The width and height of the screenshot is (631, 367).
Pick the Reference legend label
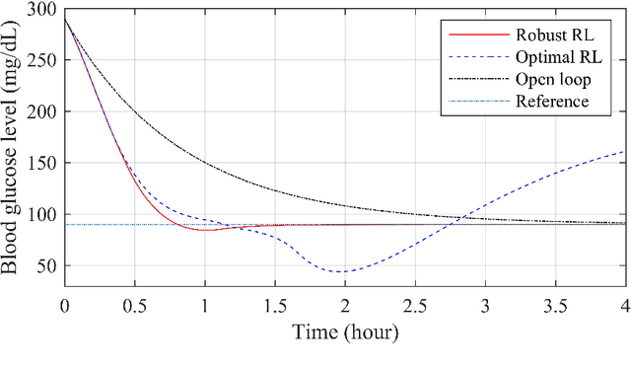click(552, 101)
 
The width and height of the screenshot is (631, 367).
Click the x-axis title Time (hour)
click(345, 331)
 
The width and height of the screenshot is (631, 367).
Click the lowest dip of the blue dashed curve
click(342, 271)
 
